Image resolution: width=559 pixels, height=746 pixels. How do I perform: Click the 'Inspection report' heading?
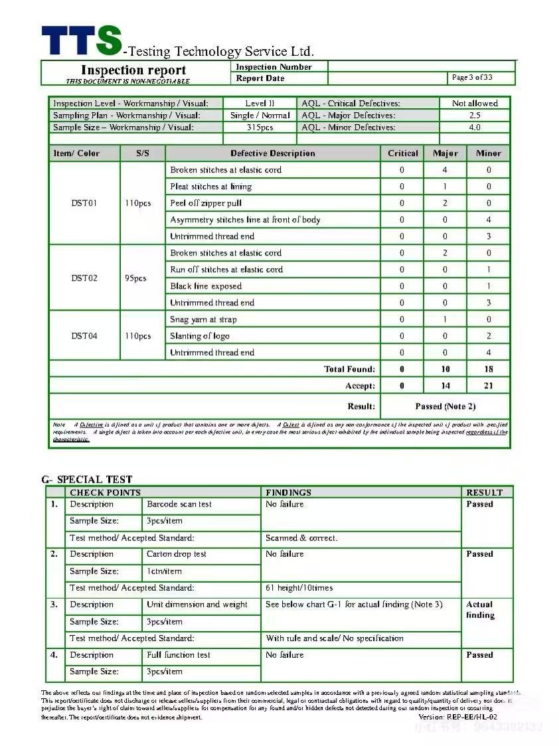[133, 70]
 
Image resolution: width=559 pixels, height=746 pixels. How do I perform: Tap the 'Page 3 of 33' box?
[472, 78]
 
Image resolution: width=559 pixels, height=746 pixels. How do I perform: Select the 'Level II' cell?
[259, 104]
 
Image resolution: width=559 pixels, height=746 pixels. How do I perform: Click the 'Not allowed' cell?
[475, 104]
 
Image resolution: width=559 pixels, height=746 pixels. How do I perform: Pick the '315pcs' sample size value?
[260, 127]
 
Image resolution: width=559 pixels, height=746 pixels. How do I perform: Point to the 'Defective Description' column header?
[273, 153]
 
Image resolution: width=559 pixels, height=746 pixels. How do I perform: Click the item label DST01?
[84, 203]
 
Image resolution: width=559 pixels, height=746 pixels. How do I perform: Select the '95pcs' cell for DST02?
[135, 278]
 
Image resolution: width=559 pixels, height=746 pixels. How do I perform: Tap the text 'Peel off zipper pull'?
[206, 203]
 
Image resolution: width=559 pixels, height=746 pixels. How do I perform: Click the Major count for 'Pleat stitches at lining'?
[445, 186]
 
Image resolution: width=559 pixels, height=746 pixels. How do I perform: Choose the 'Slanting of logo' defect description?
[200, 336]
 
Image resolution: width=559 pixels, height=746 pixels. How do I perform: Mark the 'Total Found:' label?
[349, 369]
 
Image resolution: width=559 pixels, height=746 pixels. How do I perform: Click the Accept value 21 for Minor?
[488, 386]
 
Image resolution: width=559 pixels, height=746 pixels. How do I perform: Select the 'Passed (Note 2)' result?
[445, 406]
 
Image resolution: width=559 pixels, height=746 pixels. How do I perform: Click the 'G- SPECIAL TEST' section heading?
[87, 479]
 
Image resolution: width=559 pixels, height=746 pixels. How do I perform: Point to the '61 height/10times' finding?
[299, 588]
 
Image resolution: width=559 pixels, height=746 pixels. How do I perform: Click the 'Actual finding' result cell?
[480, 610]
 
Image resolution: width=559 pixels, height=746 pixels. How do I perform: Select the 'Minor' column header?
[488, 153]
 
